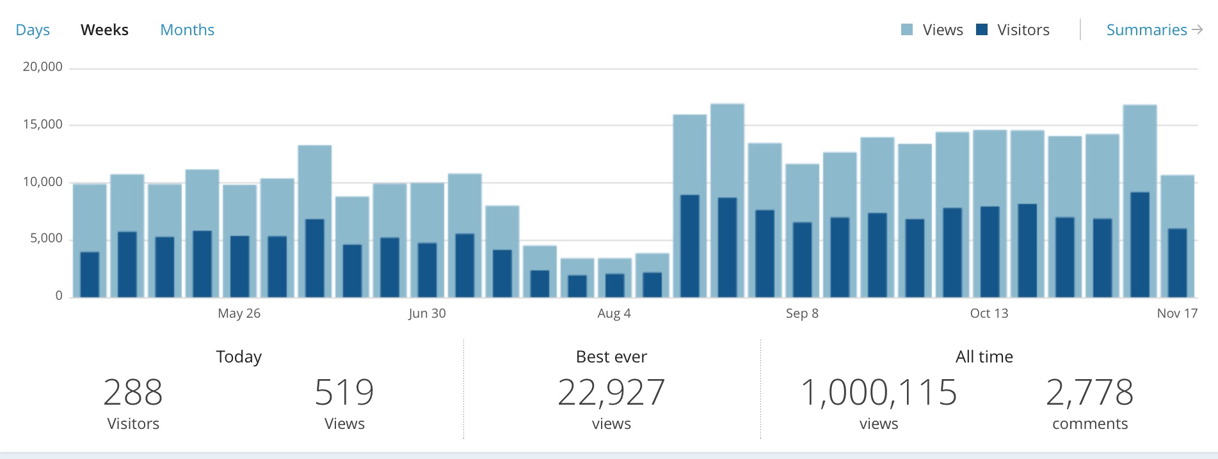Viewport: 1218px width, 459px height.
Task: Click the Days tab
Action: pyautogui.click(x=33, y=30)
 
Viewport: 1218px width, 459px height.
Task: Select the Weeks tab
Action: pyautogui.click(x=104, y=30)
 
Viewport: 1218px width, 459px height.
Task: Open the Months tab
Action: pyautogui.click(x=187, y=30)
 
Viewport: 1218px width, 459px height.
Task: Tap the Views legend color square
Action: pyautogui.click(x=907, y=29)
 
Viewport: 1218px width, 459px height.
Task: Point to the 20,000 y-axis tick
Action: pyautogui.click(x=43, y=67)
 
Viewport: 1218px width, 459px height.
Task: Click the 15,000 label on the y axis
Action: pyautogui.click(x=43, y=125)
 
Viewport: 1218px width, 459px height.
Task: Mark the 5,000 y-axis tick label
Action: pyautogui.click(x=46, y=238)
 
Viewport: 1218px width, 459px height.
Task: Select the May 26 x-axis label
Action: pyautogui.click(x=239, y=313)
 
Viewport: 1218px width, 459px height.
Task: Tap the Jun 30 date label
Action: pyautogui.click(x=427, y=313)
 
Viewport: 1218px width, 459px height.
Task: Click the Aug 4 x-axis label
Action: pyautogui.click(x=614, y=313)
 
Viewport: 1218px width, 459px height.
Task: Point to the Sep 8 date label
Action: pyautogui.click(x=802, y=313)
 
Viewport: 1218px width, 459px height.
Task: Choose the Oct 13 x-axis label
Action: pyautogui.click(x=989, y=313)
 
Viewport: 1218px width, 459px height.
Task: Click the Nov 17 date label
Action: pyautogui.click(x=1176, y=313)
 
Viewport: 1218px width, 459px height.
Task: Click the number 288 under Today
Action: pyautogui.click(x=133, y=393)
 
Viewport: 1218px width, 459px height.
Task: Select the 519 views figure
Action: pyautogui.click(x=344, y=393)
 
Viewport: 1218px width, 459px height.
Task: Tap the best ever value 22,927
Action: pyautogui.click(x=611, y=393)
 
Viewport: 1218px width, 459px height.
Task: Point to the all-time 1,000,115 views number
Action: pyautogui.click(x=878, y=393)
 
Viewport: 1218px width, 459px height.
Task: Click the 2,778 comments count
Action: pyautogui.click(x=1089, y=393)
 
